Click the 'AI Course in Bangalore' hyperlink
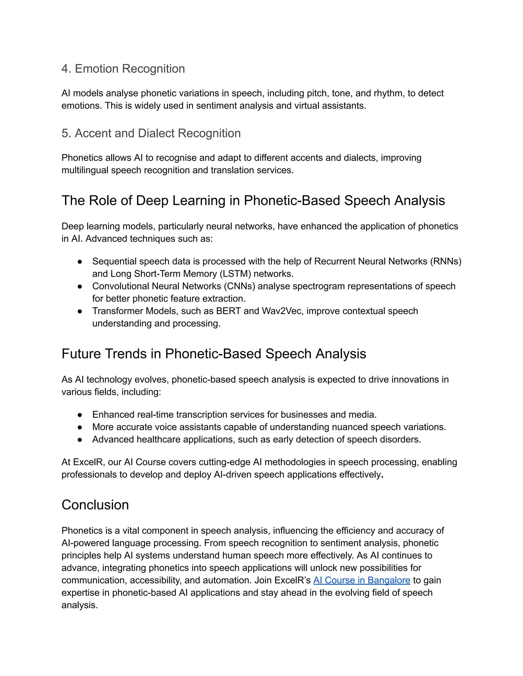(x=362, y=580)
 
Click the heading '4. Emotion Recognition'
(x=123, y=69)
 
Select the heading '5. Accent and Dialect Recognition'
(x=151, y=133)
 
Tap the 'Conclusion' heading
(x=95, y=505)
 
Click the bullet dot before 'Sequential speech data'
(x=80, y=261)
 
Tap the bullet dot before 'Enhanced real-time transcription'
(x=80, y=415)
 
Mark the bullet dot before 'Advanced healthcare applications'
(x=80, y=440)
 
